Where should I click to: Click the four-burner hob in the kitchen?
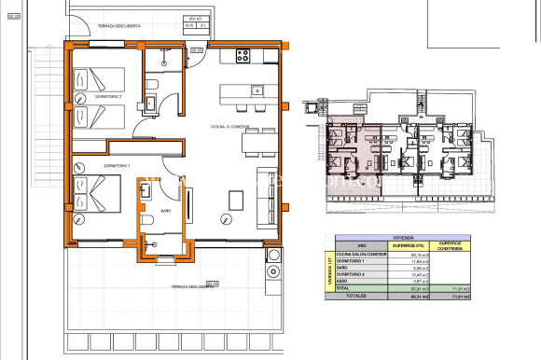pos(244,55)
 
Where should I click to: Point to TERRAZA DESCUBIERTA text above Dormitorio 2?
pos(118,26)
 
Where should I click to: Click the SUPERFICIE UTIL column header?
pos(385,246)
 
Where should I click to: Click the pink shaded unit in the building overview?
pos(350,149)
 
